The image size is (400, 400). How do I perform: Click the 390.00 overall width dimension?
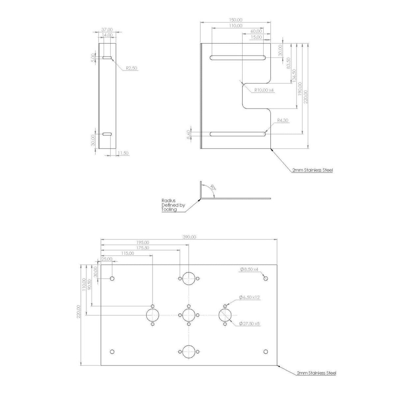pyautogui.click(x=189, y=237)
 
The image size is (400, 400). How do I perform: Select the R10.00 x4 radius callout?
pyautogui.click(x=264, y=90)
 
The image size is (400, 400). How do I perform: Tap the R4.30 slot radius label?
pyautogui.click(x=282, y=121)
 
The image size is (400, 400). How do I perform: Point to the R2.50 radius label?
pyautogui.click(x=131, y=68)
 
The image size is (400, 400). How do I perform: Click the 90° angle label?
pyautogui.click(x=213, y=188)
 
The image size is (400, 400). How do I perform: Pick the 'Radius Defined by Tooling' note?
pyautogui.click(x=173, y=205)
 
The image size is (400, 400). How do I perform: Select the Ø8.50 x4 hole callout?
pyautogui.click(x=251, y=269)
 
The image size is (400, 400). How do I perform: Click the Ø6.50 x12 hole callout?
pyautogui.click(x=249, y=297)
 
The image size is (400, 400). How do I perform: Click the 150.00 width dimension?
pyautogui.click(x=236, y=20)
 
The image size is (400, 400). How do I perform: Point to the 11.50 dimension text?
pyautogui.click(x=123, y=153)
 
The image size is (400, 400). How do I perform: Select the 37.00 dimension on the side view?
pyautogui.click(x=107, y=30)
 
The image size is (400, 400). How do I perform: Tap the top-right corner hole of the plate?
pyautogui.click(x=266, y=279)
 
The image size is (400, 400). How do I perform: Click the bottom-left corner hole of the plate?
pyautogui.click(x=112, y=352)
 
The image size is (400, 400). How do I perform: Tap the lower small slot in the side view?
pyautogui.click(x=107, y=134)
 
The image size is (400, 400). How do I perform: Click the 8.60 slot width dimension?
pyautogui.click(x=188, y=134)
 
